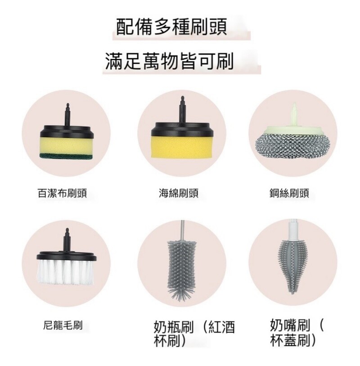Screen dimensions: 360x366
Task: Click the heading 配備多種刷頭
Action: point(171,27)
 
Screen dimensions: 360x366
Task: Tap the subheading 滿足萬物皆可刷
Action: point(169,61)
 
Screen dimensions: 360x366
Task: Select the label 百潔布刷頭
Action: point(62,194)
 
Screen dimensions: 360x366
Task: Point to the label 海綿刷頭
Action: point(179,194)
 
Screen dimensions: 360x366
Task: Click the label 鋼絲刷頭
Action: point(289,194)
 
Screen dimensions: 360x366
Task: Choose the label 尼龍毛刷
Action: point(63,325)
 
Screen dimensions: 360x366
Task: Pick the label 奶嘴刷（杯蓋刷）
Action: point(297,333)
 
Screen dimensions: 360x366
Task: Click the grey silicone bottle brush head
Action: point(182,269)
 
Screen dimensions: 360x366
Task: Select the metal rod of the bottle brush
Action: point(182,230)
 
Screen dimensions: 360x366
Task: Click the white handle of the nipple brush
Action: point(293,230)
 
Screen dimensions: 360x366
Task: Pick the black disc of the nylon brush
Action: point(66,256)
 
